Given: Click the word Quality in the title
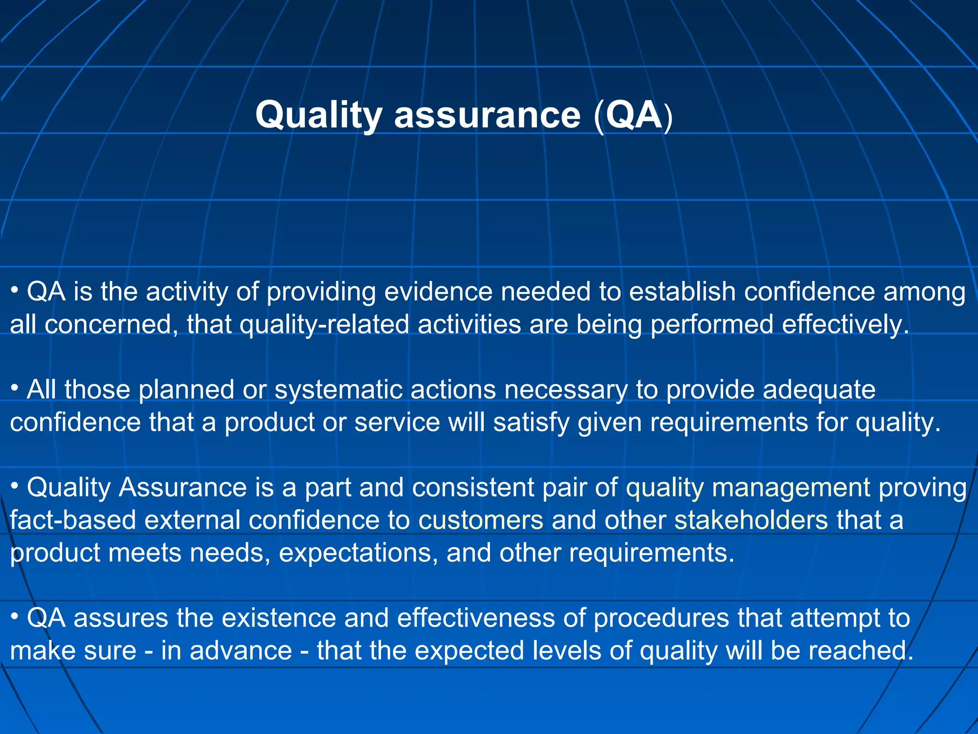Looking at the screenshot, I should (x=319, y=116).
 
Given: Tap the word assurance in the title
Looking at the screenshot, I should (x=487, y=116).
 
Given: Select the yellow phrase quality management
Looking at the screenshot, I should (x=748, y=488).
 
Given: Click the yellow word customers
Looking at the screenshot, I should (x=481, y=520).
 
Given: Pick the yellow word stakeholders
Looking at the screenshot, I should (x=751, y=520).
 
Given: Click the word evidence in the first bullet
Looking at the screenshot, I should (x=438, y=292).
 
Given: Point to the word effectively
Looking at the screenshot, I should (x=845, y=325).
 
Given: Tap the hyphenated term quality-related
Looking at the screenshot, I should (x=324, y=325).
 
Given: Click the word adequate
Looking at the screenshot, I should (x=819, y=390).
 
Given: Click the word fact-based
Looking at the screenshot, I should (x=73, y=520).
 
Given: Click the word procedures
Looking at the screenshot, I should (x=661, y=618).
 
